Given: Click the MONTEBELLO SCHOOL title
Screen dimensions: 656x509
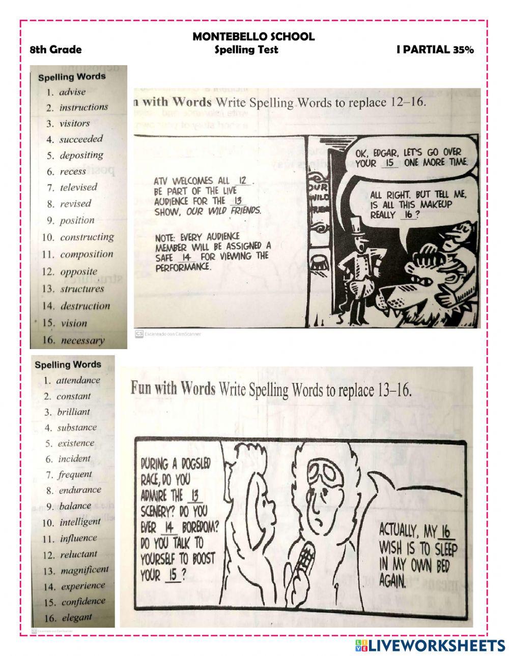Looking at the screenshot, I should [x=253, y=37].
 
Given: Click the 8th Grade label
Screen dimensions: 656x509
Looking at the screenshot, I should [x=55, y=50].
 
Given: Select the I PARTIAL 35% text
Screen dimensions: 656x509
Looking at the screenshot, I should [x=435, y=50].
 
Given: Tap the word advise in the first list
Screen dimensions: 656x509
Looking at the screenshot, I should [x=72, y=92].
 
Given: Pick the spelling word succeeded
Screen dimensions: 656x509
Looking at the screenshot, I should [x=81, y=139].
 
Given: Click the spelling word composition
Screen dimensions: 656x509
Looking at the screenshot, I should [x=87, y=254].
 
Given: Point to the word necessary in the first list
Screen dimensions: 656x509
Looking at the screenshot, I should [x=82, y=340].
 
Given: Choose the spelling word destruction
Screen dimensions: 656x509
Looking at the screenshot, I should [x=85, y=306].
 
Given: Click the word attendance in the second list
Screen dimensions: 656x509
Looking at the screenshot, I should [x=78, y=380].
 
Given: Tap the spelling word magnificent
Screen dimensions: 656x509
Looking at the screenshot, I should [x=84, y=570].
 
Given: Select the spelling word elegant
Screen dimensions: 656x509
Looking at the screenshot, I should [x=77, y=618].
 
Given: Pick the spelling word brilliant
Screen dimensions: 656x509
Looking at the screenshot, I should [x=73, y=412].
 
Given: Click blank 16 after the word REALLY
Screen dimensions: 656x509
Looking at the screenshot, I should [x=408, y=215].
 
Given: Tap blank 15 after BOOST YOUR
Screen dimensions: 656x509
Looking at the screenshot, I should [x=173, y=576].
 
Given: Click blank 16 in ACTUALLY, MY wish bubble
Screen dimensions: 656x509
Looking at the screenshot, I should [x=445, y=532].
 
